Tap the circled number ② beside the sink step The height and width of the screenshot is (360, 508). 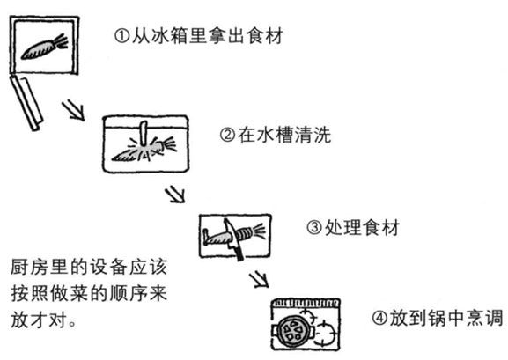click(226, 136)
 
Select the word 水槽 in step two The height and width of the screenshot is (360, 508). click(277, 136)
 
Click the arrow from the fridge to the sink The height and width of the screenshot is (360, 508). click(73, 111)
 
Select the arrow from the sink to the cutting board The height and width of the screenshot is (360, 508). click(174, 193)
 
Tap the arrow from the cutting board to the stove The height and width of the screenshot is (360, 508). click(258, 280)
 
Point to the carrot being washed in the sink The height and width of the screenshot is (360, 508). click(136, 153)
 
